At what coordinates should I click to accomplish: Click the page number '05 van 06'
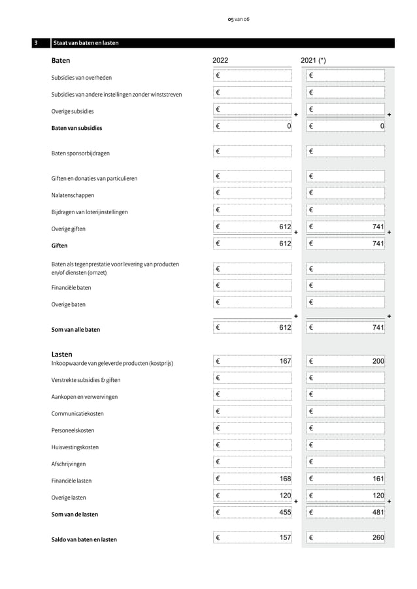(x=238, y=19)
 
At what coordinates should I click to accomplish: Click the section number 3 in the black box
(x=37, y=44)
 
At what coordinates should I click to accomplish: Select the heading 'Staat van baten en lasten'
(x=86, y=44)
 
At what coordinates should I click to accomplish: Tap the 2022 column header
(x=220, y=61)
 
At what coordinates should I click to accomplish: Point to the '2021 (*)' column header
(x=314, y=61)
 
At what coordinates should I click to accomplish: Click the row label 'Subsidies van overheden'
(x=82, y=78)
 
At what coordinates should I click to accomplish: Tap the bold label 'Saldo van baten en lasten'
(x=84, y=539)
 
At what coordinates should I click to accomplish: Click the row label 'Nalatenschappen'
(x=73, y=195)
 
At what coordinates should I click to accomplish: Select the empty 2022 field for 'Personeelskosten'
(x=252, y=428)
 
